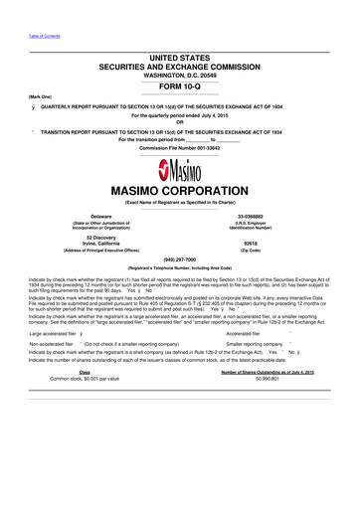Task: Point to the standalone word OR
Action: (x=179, y=124)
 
